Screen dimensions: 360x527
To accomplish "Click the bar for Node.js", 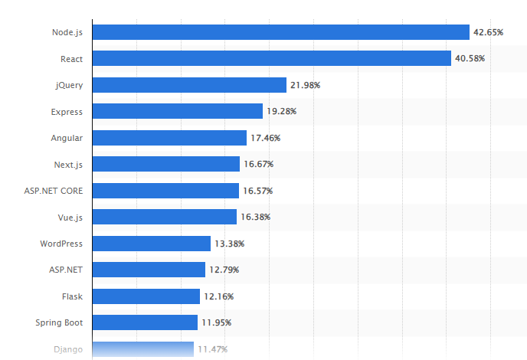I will [x=280, y=32].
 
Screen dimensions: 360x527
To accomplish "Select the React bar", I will [x=271, y=58].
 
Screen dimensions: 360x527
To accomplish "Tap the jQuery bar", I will [x=189, y=85].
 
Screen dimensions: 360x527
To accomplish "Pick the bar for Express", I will [x=177, y=111].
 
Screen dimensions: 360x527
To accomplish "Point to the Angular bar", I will [x=169, y=138].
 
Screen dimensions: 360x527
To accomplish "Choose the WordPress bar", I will [x=151, y=244].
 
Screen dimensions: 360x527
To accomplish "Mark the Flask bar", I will [x=146, y=296].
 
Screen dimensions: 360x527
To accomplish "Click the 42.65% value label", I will [x=488, y=32].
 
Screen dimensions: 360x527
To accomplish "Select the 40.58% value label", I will [x=470, y=58].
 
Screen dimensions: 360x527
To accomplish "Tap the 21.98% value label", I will [x=305, y=85].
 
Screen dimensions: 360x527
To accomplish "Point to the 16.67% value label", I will [x=258, y=164].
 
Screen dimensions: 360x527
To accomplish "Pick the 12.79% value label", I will [x=224, y=270].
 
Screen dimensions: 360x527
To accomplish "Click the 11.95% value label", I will [x=217, y=322].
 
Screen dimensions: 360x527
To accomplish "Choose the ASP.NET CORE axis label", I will [x=54, y=191].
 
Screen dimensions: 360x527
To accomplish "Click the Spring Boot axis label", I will [x=59, y=322].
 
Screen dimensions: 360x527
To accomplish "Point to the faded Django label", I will [x=68, y=349].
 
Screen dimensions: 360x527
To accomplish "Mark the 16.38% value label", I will [x=255, y=217].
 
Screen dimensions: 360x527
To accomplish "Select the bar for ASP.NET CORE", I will [x=165, y=191].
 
